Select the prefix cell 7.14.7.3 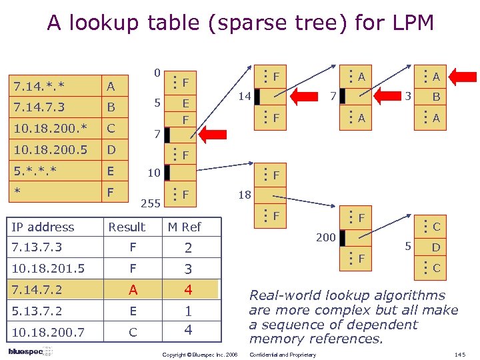38,107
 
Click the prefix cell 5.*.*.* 35,171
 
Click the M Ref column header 184,227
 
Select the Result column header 127,227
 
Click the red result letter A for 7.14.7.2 133,290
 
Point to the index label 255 151,203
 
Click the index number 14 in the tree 245,97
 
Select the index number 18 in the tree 245,195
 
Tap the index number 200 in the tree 326,237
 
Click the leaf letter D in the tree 436,248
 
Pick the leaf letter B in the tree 436,97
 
